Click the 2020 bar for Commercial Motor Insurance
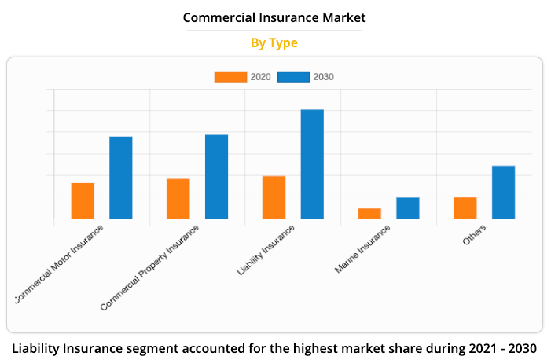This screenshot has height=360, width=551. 83,200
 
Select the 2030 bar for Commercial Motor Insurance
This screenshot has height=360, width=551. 120,178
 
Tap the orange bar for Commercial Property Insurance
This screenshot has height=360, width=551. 178,198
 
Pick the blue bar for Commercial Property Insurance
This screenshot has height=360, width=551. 216,177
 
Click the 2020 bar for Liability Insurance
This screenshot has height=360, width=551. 274,197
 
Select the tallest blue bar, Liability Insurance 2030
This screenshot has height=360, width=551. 312,163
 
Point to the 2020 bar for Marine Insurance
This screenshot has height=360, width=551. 369,213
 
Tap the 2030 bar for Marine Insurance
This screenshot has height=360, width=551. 407,208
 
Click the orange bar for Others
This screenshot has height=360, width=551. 465,208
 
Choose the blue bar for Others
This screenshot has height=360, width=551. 503,192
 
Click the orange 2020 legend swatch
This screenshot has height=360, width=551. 230,77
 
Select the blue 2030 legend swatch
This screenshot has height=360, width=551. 293,77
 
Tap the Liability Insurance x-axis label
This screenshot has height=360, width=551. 266,250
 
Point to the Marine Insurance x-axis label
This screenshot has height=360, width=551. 362,250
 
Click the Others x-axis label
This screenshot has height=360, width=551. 474,235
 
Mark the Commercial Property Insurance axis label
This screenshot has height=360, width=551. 151,266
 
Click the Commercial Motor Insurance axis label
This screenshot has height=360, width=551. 61,263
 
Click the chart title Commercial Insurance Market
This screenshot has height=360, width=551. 274,17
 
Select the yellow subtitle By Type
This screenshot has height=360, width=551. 274,43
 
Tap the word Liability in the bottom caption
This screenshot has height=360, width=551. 40,347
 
